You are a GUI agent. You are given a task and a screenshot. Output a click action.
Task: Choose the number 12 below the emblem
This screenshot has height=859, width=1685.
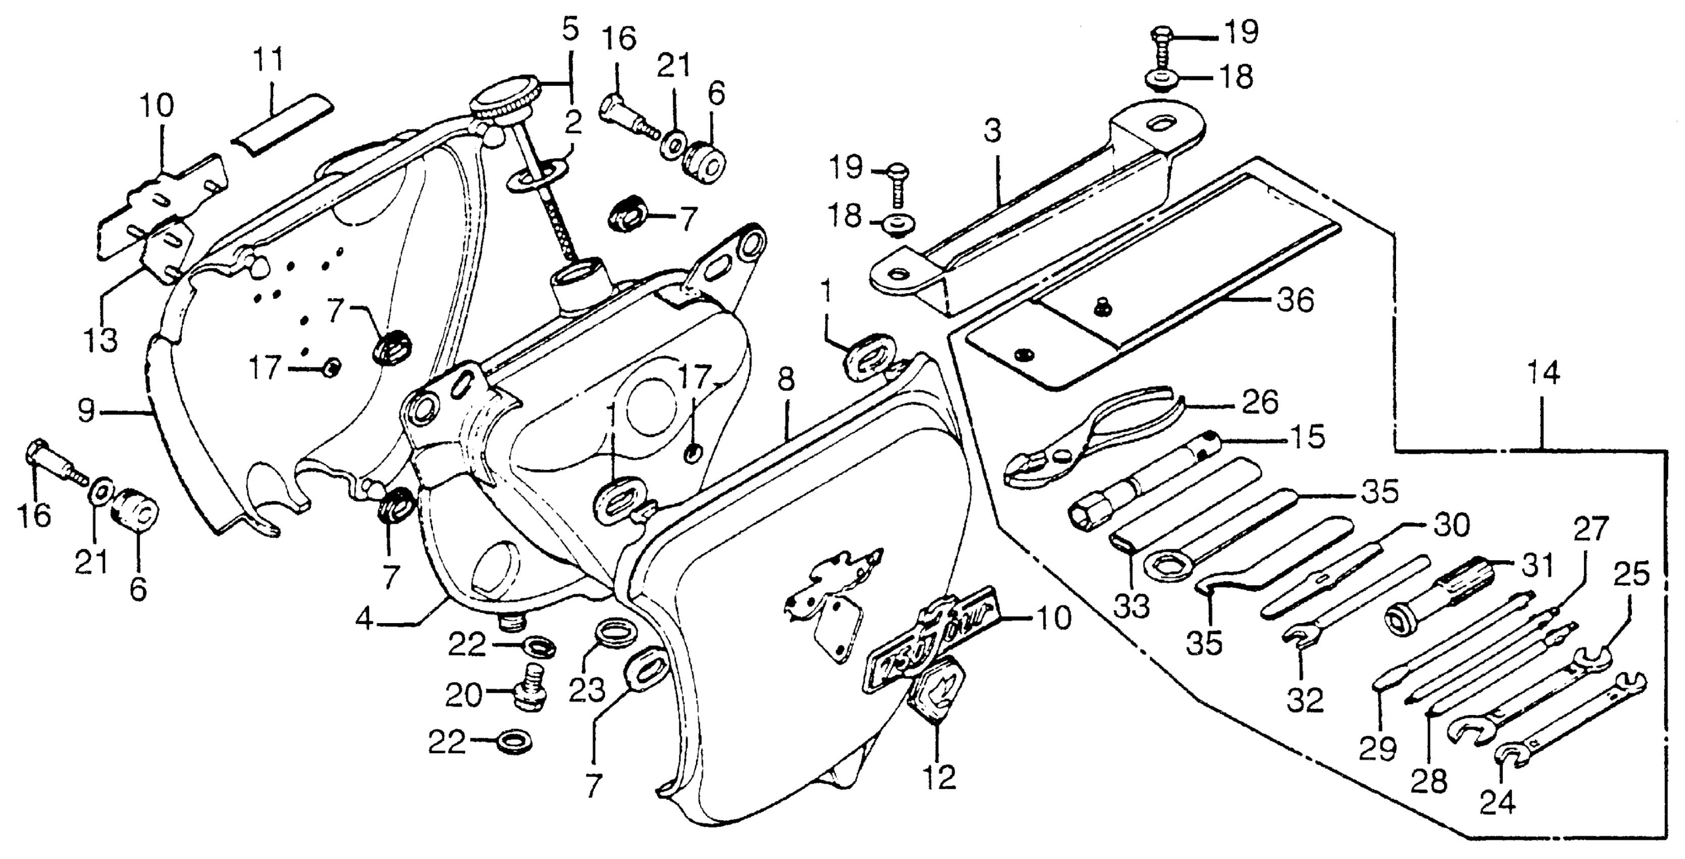940,778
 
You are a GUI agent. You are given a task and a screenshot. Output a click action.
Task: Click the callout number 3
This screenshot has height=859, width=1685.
993,133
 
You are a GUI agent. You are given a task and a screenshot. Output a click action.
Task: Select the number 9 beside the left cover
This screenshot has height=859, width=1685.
86,411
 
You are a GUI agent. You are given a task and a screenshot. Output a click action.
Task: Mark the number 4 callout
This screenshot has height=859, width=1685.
364,619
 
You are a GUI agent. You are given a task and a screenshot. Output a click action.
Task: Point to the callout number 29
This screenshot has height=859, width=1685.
1377,747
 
